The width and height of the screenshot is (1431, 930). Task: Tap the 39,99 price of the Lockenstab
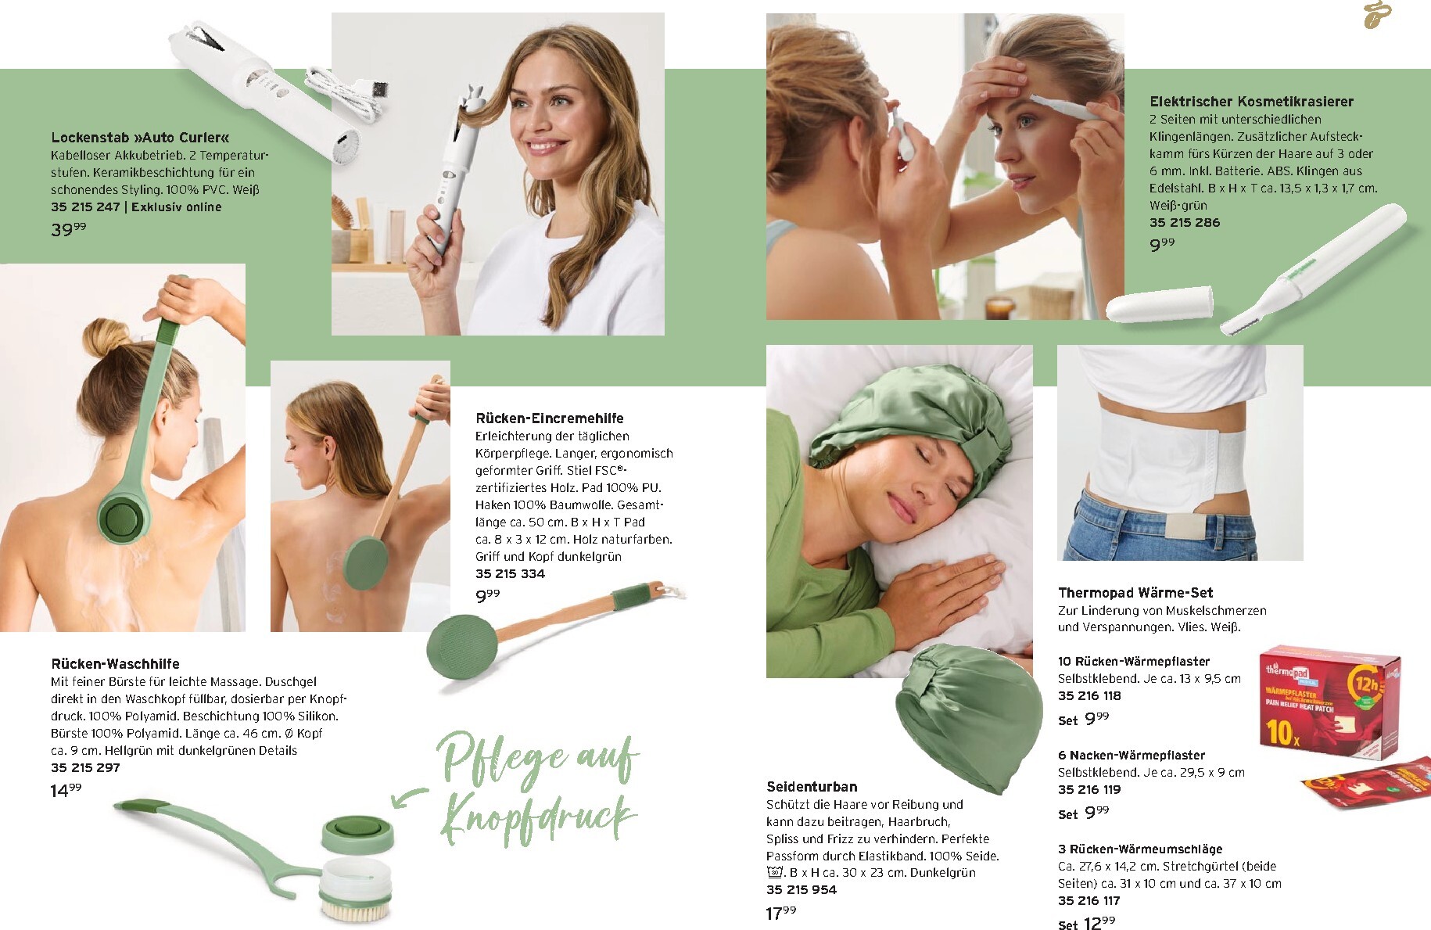tap(69, 229)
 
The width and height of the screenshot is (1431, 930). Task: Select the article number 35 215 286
tap(1185, 222)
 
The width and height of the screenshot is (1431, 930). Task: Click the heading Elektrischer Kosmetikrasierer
tap(1251, 102)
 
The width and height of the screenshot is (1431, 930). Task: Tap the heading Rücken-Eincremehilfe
tap(550, 418)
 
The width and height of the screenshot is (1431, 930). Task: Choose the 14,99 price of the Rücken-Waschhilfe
tap(66, 790)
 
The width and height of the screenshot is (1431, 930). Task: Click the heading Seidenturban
tap(812, 787)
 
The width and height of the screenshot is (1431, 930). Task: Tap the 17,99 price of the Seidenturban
tap(781, 913)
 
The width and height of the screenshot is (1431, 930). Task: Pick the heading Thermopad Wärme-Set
tap(1135, 593)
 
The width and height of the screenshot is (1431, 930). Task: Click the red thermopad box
tap(1330, 701)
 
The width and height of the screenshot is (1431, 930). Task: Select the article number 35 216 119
tap(1089, 789)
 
